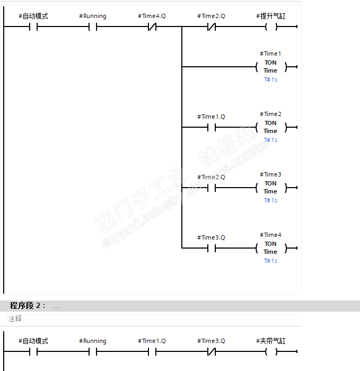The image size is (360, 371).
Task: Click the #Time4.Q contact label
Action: click(152, 16)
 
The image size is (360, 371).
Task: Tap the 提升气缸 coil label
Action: click(270, 16)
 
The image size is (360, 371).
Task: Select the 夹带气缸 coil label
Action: click(270, 341)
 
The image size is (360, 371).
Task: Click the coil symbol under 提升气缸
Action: click(271, 26)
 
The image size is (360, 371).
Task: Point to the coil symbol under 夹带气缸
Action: click(271, 351)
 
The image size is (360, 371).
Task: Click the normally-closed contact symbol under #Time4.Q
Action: click(152, 26)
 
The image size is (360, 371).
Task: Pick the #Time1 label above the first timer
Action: click(270, 54)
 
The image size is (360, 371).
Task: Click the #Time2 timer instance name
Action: click(270, 114)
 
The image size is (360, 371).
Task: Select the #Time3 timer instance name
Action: click(270, 174)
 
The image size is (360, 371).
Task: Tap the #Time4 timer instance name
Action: click(270, 235)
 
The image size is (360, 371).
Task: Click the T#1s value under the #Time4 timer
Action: click(270, 261)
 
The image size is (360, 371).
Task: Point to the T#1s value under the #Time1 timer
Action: click(270, 79)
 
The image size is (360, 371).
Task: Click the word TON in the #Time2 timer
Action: click(270, 123)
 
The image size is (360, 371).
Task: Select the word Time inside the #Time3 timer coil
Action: click(270, 191)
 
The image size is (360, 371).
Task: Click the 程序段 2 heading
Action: click(28, 306)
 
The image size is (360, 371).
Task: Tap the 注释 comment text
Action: click(15, 319)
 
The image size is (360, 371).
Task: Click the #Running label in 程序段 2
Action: click(93, 341)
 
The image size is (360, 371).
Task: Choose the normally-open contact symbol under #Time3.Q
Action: click(212, 248)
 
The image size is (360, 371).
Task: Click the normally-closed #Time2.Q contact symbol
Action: click(212, 26)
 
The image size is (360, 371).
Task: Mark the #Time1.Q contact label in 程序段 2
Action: click(152, 341)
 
